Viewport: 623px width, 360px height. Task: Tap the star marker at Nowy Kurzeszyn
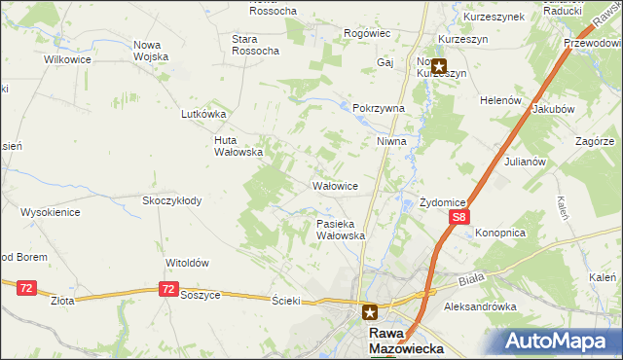(439, 67)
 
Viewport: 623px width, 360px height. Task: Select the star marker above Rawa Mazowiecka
(370, 312)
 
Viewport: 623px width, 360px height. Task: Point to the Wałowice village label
(336, 186)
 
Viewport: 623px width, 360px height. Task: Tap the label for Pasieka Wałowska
(341, 230)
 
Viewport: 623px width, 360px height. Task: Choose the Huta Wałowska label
(238, 145)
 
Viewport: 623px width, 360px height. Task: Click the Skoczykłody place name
(172, 200)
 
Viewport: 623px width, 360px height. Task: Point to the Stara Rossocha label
(256, 44)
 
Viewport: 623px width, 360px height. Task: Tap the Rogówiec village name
(367, 33)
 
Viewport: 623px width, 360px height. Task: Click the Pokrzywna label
(379, 109)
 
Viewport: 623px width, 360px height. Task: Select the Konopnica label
(500, 234)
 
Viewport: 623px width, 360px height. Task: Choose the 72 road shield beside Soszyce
(169, 290)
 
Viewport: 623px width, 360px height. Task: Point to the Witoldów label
(188, 263)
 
